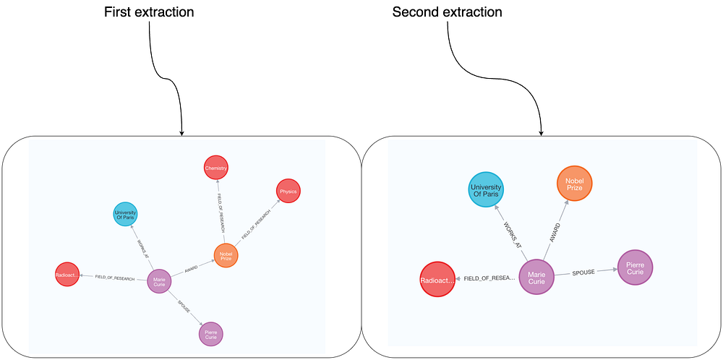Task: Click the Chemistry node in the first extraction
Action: [x=216, y=168]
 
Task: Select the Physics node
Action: [x=288, y=191]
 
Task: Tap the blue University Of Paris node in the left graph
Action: [x=125, y=214]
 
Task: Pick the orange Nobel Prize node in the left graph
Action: [x=226, y=255]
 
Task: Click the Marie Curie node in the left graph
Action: [x=159, y=281]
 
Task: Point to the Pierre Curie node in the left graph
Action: [x=211, y=334]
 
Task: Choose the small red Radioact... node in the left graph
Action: [x=67, y=275]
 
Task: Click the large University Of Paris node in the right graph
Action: [x=486, y=189]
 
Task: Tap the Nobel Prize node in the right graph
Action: [x=574, y=183]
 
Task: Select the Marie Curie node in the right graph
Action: [x=536, y=278]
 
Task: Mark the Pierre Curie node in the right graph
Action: [x=635, y=267]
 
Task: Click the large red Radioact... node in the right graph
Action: [x=437, y=279]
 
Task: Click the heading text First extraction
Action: [x=149, y=12]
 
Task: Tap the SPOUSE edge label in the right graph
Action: [x=583, y=272]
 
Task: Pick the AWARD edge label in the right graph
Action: [x=555, y=232]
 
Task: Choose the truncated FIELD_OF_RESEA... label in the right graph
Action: [x=489, y=278]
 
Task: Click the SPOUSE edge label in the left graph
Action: [x=185, y=307]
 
